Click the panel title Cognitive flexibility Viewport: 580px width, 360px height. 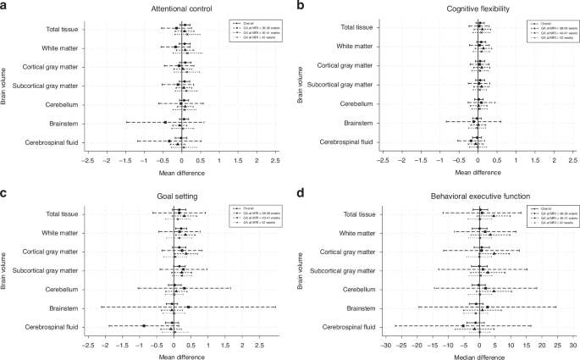click(478, 7)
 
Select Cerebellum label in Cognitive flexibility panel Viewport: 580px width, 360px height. click(357, 104)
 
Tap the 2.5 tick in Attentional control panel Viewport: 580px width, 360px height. click(275, 158)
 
